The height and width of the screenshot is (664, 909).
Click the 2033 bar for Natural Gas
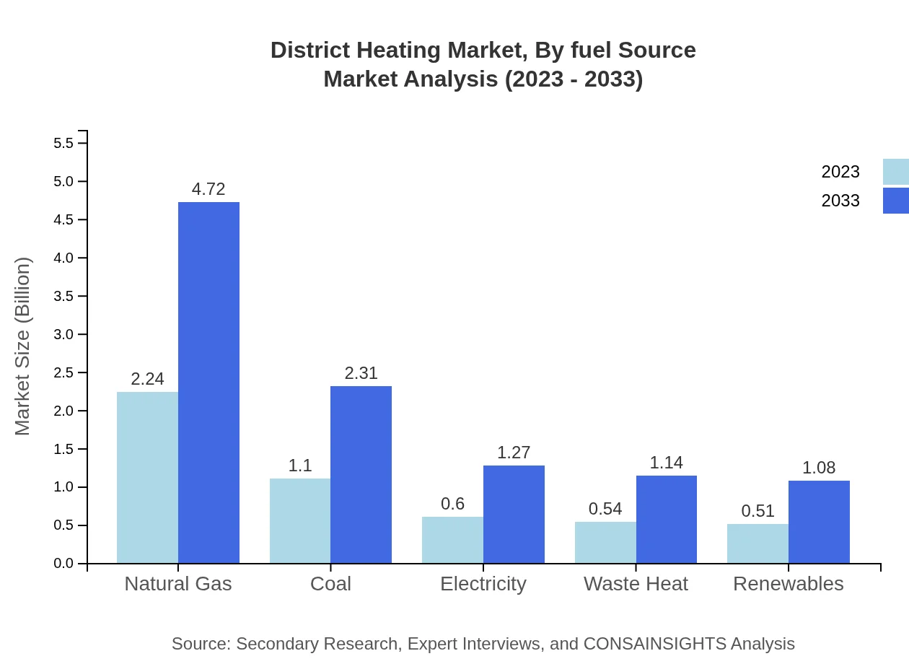pyautogui.click(x=208, y=383)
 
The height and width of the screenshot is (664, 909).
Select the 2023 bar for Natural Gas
pyautogui.click(x=147, y=477)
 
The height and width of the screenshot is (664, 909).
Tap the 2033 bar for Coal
pyautogui.click(x=361, y=474)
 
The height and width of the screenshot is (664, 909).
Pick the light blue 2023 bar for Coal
pyautogui.click(x=300, y=520)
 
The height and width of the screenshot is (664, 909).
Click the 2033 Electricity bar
pyautogui.click(x=514, y=514)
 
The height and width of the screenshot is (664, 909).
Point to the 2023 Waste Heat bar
pyautogui.click(x=605, y=542)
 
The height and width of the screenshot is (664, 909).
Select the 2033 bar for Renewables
pyautogui.click(x=819, y=521)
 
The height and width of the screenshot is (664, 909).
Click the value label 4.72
pyautogui.click(x=208, y=189)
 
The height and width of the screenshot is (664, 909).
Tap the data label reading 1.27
pyautogui.click(x=514, y=453)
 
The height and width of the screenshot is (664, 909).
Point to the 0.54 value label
pyautogui.click(x=605, y=509)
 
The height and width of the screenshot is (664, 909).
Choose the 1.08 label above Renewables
pyautogui.click(x=819, y=468)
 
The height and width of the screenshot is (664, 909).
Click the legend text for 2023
pyautogui.click(x=840, y=172)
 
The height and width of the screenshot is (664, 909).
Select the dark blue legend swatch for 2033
pyautogui.click(x=895, y=201)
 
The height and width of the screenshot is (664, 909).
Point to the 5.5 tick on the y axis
pyautogui.click(x=64, y=143)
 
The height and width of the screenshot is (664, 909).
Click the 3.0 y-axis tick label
pyautogui.click(x=64, y=334)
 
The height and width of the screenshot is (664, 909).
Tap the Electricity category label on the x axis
pyautogui.click(x=483, y=583)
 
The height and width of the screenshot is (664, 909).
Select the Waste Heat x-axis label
pyautogui.click(x=636, y=583)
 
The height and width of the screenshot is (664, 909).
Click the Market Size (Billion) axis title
pyautogui.click(x=23, y=346)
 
